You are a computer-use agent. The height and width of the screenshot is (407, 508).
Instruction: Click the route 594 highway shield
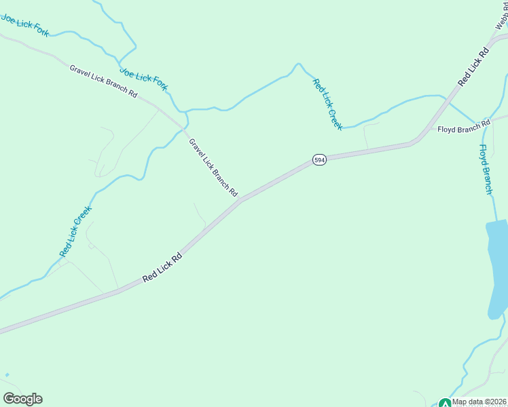[320, 159]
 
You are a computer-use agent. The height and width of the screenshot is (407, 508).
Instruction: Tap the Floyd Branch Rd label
[463, 127]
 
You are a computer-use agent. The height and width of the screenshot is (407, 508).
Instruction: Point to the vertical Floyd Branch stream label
[485, 170]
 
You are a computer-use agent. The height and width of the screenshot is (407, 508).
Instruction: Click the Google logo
[22, 399]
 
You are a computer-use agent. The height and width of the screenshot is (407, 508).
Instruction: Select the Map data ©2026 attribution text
[479, 402]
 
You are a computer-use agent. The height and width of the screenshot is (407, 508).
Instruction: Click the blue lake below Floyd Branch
[497, 271]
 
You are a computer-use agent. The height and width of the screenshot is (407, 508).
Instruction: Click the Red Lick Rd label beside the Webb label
[473, 66]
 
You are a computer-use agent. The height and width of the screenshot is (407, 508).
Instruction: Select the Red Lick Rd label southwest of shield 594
[162, 269]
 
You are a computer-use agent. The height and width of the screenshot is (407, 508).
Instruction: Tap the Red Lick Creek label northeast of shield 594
[327, 104]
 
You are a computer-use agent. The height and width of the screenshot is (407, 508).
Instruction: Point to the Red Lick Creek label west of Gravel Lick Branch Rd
[75, 232]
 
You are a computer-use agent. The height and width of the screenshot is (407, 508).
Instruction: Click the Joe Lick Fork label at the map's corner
[25, 24]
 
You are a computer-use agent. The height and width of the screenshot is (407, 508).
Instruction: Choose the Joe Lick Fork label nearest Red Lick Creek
[143, 79]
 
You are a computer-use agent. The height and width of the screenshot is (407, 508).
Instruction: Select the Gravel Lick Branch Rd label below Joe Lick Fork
[103, 81]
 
